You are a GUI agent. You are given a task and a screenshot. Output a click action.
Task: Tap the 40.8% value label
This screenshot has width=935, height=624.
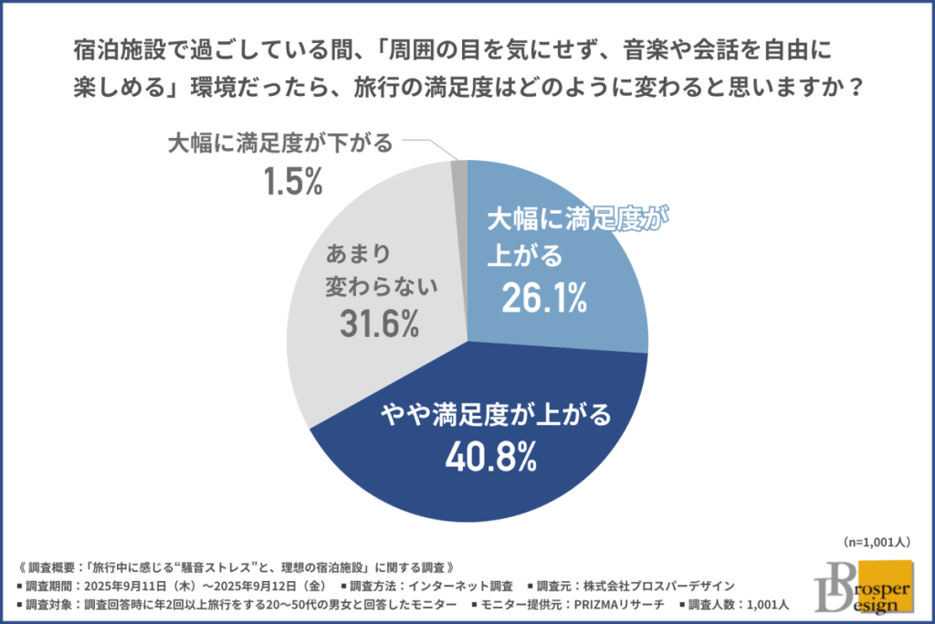(x=489, y=457)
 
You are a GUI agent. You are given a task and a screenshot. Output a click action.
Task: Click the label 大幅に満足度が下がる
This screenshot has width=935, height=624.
(x=279, y=143)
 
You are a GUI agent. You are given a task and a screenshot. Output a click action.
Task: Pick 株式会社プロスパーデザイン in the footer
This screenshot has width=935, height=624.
(x=657, y=586)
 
